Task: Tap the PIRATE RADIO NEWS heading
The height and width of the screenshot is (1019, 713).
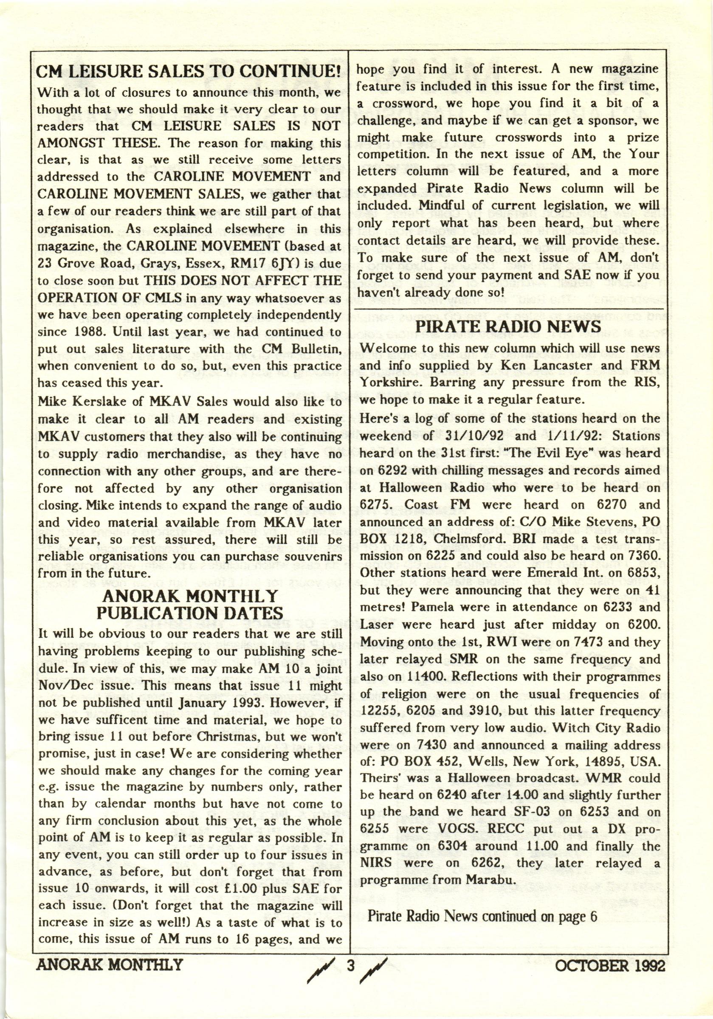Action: click(508, 326)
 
